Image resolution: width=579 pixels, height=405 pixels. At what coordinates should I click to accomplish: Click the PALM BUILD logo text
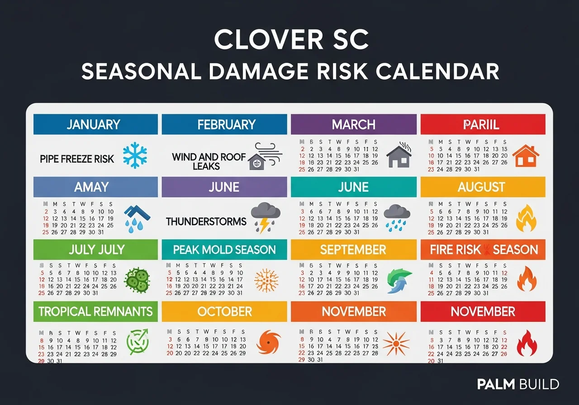(518, 384)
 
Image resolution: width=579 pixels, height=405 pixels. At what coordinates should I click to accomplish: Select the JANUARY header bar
(95, 124)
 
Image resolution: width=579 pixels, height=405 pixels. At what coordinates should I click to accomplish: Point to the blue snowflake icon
(135, 155)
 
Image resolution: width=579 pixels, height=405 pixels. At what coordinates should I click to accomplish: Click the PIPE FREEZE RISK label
(77, 159)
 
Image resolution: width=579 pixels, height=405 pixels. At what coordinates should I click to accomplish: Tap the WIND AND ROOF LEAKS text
(209, 161)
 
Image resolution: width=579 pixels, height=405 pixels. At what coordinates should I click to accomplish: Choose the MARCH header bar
(353, 124)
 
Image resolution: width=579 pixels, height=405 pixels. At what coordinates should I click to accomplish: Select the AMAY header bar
(95, 187)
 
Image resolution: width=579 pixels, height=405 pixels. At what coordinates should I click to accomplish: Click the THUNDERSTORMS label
(206, 221)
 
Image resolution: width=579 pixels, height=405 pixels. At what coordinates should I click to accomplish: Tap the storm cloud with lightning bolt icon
(266, 217)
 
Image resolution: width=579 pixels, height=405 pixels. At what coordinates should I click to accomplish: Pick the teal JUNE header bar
(353, 187)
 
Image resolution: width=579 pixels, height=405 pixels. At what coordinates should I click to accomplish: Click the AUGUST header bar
(483, 187)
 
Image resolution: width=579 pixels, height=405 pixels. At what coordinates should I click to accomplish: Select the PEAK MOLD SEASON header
(224, 250)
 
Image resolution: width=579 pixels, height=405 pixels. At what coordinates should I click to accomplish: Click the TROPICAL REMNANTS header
(95, 311)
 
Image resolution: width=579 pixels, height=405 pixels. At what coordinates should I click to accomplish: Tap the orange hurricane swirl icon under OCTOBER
(269, 342)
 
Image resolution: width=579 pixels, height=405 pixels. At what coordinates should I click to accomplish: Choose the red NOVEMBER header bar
(483, 311)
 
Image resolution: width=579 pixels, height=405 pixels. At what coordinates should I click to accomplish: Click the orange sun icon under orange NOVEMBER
(396, 343)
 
